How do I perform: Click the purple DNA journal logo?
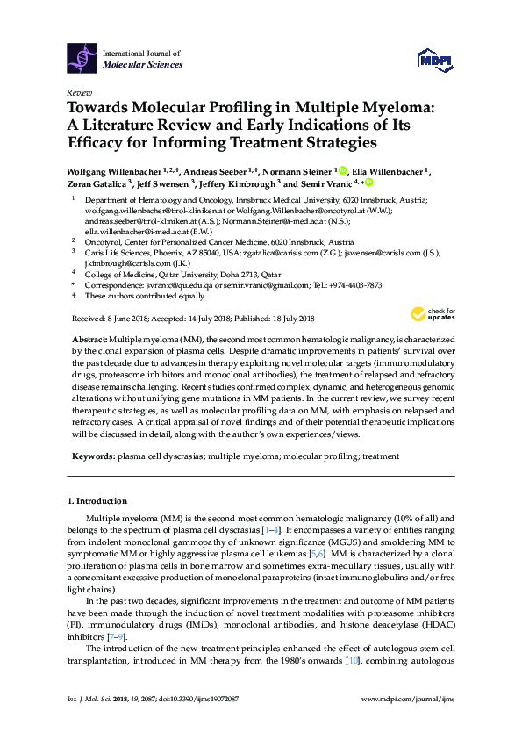82,59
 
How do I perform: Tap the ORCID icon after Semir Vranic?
369,183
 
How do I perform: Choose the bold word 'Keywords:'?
91,456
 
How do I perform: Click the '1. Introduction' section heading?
97,500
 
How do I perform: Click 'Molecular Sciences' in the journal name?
143,65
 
